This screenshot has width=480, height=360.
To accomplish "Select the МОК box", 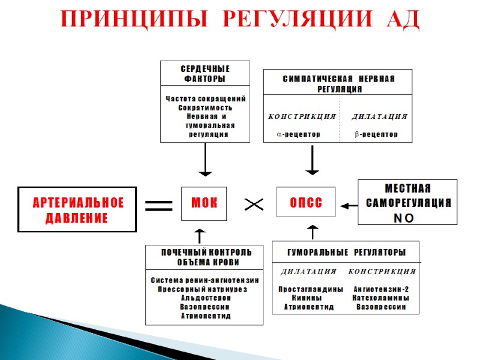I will click(205, 203).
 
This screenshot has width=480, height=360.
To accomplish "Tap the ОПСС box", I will click(306, 203).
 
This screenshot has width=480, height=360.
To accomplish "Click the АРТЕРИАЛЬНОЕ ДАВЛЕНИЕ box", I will click(77, 210).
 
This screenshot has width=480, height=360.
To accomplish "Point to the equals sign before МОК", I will click(158, 206).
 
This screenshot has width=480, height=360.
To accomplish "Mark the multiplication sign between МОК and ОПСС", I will click(254, 205).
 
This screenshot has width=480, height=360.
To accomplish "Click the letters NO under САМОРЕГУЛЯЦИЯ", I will click(403, 218).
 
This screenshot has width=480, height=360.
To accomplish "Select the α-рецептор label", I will click(298, 134).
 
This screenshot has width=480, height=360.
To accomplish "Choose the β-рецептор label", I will click(376, 134).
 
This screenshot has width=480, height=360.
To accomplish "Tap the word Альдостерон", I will click(205, 298).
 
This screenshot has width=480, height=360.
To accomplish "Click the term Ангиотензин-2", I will click(382, 289).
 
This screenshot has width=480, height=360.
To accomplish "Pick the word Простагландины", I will click(311, 289).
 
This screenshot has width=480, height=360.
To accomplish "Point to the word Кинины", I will click(306, 298).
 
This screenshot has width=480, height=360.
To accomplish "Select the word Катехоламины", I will click(382, 298).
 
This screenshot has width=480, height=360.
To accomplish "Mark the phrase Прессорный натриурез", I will click(205, 289).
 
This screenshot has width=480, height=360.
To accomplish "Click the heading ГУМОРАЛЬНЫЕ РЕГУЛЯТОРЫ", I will click(346, 251).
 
